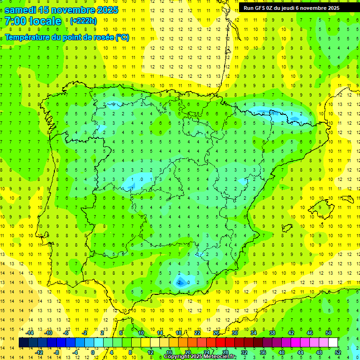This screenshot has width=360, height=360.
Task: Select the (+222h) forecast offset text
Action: pos(83,21)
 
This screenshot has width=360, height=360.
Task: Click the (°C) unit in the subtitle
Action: pos(122,37)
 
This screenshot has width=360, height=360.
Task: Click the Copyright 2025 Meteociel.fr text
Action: pos(200,357)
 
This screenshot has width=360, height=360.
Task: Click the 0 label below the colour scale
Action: pos(93,352)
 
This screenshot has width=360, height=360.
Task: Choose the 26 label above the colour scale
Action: pos(216,333)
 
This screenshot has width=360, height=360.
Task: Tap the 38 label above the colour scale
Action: pos(272,333)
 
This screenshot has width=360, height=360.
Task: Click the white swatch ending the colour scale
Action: pos(333,343)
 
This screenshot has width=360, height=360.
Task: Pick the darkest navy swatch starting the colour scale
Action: pos(23,343)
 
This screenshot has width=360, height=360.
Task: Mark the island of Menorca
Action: pos(347,199)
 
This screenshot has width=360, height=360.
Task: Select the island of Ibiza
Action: pos(286,228)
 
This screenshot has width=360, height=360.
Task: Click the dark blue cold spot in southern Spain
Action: pos(180,282)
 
